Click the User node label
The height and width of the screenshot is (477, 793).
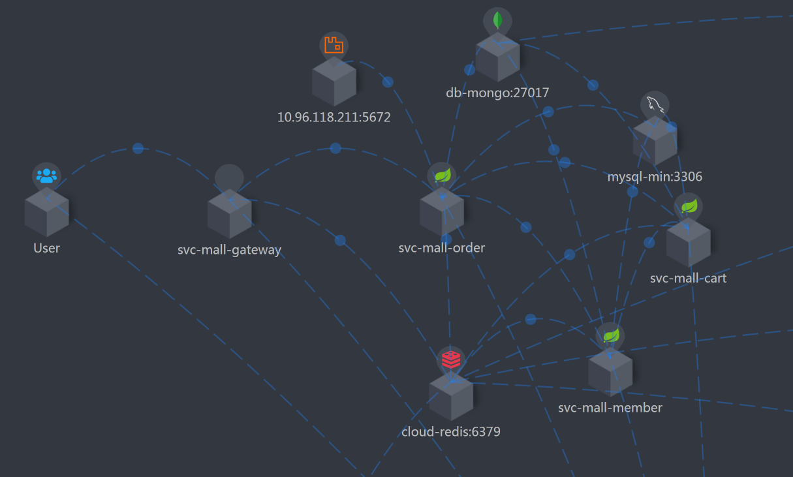(x=47, y=249)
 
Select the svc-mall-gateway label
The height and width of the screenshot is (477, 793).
(x=229, y=250)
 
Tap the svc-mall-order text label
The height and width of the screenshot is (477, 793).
(x=442, y=248)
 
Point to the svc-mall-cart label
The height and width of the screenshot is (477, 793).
(x=688, y=278)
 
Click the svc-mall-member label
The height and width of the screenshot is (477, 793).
(x=610, y=408)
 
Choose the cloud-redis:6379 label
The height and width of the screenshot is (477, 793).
(x=451, y=431)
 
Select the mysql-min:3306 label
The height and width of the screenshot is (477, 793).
(x=655, y=176)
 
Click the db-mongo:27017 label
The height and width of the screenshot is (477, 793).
(x=497, y=93)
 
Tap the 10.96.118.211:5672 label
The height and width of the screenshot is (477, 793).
(x=334, y=117)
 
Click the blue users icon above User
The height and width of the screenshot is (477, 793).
(x=47, y=176)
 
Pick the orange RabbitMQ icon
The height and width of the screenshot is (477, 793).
(x=334, y=45)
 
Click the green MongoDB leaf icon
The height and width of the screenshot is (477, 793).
(x=498, y=20)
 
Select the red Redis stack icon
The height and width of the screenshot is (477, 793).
(x=451, y=360)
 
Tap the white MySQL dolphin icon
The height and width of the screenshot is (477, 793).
(x=655, y=104)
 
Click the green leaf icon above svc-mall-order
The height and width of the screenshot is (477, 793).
(x=443, y=175)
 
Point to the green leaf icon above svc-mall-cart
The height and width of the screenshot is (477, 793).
(x=689, y=206)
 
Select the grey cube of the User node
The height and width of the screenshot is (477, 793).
(x=47, y=212)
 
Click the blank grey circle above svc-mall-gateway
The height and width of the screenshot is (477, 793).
(x=229, y=177)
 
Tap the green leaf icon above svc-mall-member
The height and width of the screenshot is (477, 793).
(x=610, y=335)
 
